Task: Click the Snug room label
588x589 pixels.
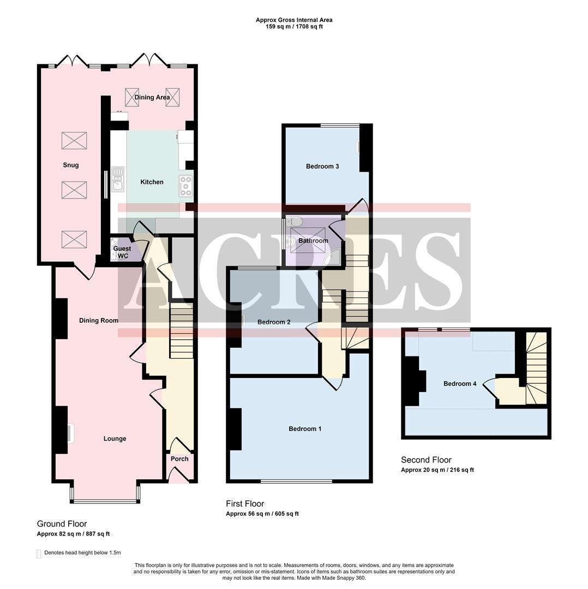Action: coord(70,165)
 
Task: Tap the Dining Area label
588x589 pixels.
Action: coord(152,98)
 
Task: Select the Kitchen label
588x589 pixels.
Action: coord(152,182)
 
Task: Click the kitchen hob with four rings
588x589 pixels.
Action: coord(186,187)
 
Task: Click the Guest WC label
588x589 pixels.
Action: coord(122,253)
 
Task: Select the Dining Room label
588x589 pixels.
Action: coord(98,321)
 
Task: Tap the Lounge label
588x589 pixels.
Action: coord(115,439)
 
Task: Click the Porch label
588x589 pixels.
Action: coord(179,459)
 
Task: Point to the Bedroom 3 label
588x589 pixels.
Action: coord(322,166)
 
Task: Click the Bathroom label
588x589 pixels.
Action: coord(313,241)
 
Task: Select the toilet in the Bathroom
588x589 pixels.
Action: coord(295,221)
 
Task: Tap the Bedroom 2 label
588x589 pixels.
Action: coord(274,322)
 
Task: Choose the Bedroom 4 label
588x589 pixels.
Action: coord(460,384)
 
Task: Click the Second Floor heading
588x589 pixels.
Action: coord(426,460)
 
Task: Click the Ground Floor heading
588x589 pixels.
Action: coord(62,524)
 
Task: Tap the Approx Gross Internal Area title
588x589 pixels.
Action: coord(294,20)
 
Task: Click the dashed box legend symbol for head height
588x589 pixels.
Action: coord(39,553)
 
